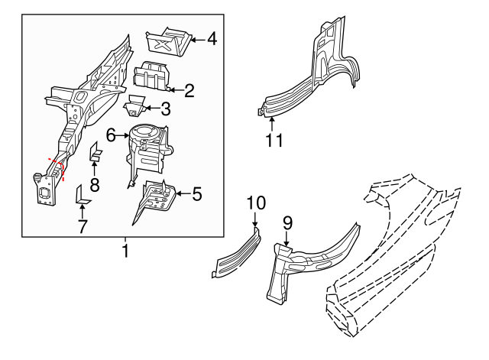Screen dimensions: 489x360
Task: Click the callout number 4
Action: [x=212, y=39]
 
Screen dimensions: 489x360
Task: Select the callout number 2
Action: [x=189, y=90]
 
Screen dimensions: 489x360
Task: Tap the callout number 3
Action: [x=166, y=109]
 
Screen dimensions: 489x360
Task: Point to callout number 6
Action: [x=111, y=135]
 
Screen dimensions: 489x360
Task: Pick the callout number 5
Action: [x=197, y=194]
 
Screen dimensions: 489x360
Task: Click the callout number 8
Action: [x=95, y=184]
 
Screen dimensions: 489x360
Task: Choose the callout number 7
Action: [x=83, y=226]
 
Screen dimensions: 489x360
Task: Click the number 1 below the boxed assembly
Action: [x=125, y=251]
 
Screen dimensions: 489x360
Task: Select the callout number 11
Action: [x=274, y=140]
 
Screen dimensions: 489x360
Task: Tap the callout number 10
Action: [x=256, y=203]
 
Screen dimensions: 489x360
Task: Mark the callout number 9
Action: [x=287, y=223]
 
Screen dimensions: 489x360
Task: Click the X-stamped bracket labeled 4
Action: [x=169, y=42]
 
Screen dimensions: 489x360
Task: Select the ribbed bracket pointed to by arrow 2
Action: [x=151, y=76]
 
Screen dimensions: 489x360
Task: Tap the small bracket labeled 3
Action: [x=134, y=105]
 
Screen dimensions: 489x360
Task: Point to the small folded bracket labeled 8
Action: [x=95, y=153]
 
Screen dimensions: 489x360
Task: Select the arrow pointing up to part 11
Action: [x=272, y=124]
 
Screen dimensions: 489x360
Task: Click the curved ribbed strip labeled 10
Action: [x=237, y=255]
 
